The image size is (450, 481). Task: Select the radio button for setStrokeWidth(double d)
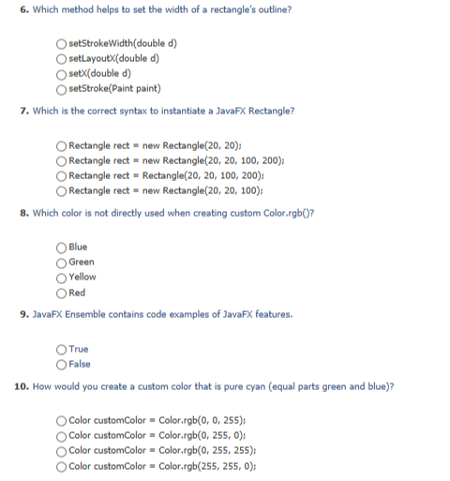point(62,44)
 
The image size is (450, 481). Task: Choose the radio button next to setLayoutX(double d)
point(62,59)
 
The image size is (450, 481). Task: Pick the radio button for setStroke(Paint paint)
point(62,89)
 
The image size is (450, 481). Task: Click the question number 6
point(23,9)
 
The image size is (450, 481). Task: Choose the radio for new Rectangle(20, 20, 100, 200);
point(62,160)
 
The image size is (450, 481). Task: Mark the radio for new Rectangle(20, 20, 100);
point(62,190)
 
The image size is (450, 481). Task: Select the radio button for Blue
point(62,248)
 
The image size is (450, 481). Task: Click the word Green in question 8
point(82,263)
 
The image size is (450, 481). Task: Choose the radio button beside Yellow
point(62,278)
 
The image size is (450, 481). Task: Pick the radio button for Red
point(62,293)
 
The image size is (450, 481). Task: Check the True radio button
point(62,349)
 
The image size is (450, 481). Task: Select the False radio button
point(62,364)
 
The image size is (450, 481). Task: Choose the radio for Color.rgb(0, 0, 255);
point(62,420)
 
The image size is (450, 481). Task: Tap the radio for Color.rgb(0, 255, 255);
point(62,450)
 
